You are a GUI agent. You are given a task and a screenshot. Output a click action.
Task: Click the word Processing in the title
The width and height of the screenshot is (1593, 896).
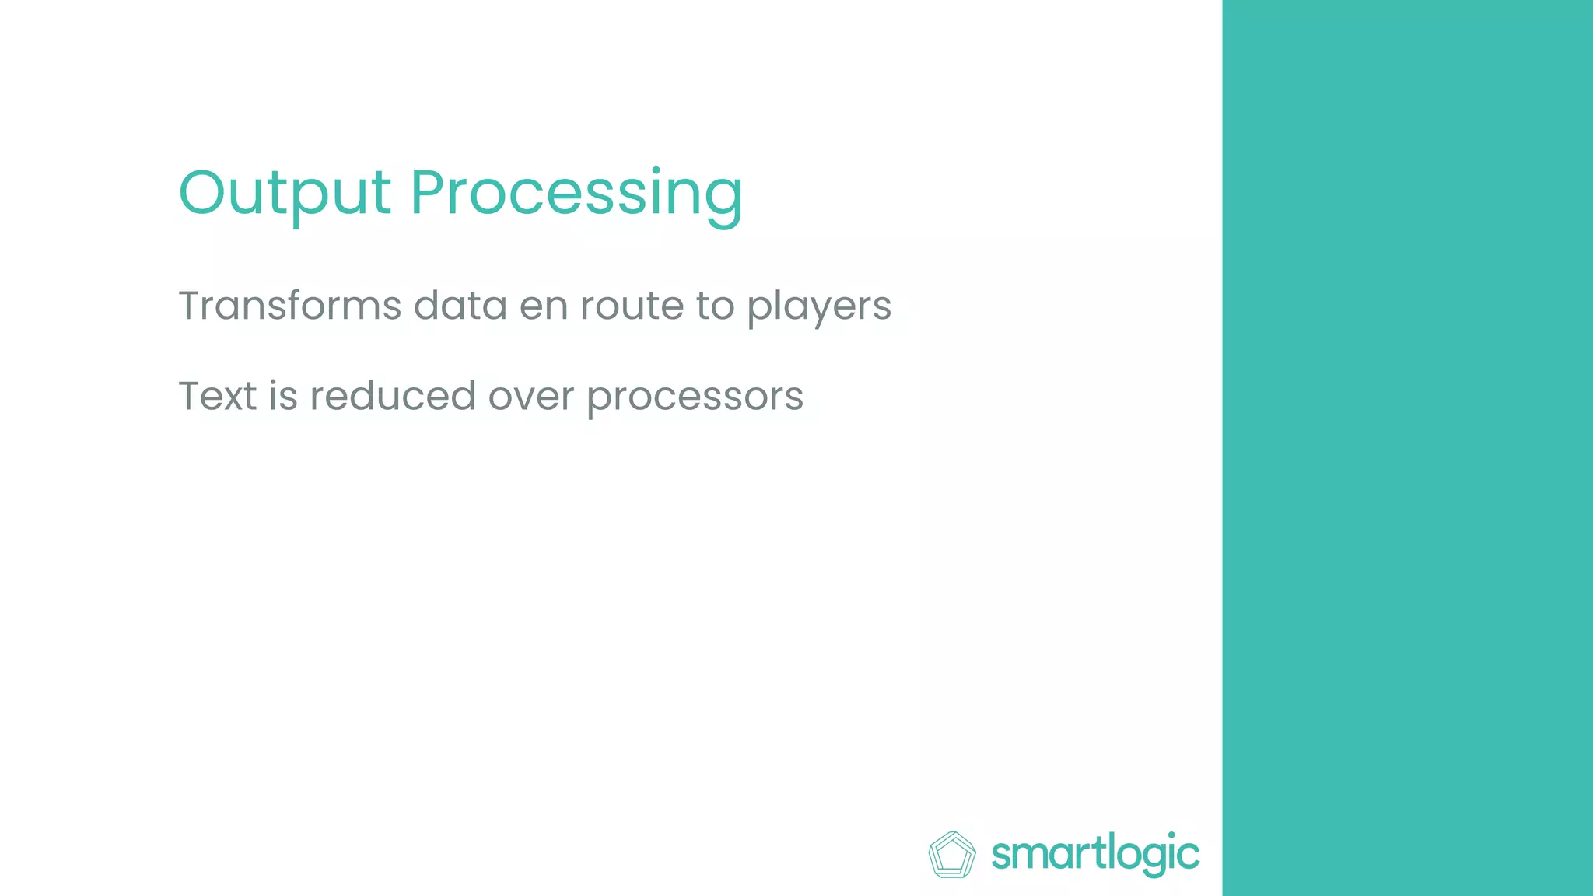coord(576,194)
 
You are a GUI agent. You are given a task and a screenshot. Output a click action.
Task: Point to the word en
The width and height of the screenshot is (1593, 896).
coord(543,306)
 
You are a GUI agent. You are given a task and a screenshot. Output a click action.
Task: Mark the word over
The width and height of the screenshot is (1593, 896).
coord(530,397)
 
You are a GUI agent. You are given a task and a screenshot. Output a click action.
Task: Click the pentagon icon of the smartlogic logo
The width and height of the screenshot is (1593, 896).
coord(951,855)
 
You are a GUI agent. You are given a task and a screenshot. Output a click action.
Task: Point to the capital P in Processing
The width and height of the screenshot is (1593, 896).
coord(430,193)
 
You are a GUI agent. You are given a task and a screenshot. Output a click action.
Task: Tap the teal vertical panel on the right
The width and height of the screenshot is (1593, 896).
coord(1407,448)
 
